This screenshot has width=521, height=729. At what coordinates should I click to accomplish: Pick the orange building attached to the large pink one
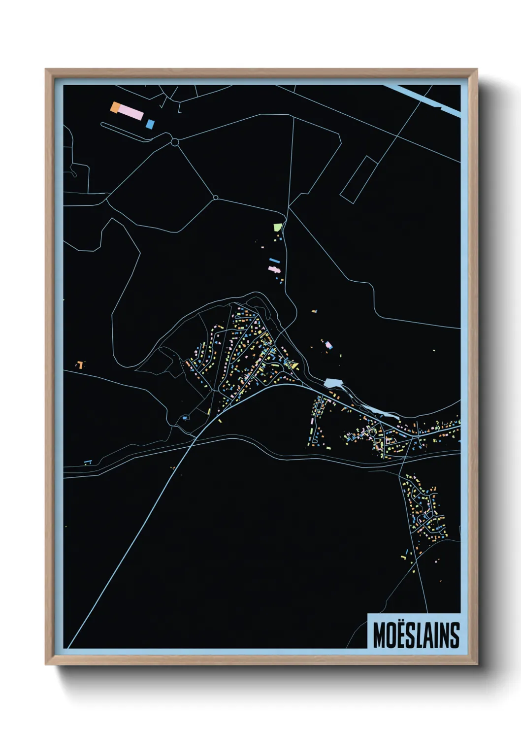115,107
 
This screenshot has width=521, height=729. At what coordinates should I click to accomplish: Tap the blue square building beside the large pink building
150,124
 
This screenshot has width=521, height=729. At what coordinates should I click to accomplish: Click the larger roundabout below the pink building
174,142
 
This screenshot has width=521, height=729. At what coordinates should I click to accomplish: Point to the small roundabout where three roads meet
215,198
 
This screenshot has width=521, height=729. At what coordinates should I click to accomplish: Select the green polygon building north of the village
278,227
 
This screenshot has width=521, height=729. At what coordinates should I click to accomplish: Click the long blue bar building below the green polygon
274,260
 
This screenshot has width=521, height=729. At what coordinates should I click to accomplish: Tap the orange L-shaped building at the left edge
79,364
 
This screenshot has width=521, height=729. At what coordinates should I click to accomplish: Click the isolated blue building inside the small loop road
184,418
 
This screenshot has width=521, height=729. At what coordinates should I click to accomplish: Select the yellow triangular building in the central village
294,365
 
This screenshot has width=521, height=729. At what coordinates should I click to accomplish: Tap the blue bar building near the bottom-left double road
88,462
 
